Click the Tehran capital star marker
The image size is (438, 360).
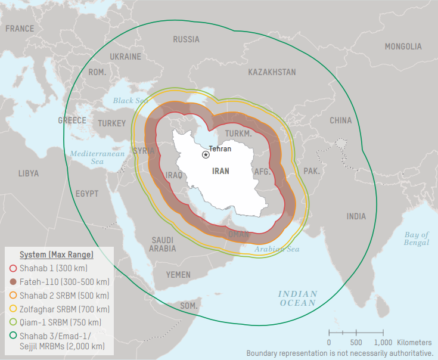click(206, 154)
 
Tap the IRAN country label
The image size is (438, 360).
click(220, 171)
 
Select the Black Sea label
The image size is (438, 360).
click(131, 101)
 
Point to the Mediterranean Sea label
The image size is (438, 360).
click(97, 157)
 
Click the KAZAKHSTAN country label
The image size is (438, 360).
click(272, 72)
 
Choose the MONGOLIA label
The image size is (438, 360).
click(403, 46)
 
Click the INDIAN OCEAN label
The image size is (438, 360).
click(297, 299)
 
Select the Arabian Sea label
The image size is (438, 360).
click(277, 249)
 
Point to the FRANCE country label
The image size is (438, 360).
click(20, 29)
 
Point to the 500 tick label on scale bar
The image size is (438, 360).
click(356, 343)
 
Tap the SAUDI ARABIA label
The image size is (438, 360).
click(162, 244)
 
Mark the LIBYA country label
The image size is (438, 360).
click(28, 173)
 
